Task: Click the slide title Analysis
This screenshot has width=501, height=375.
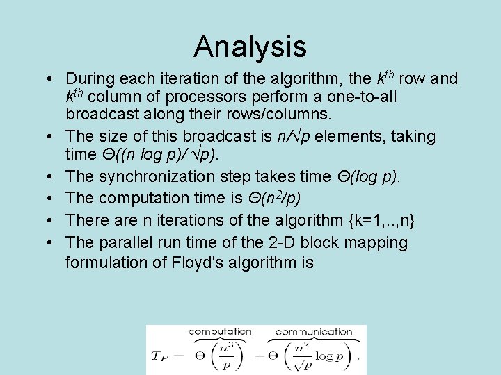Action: coord(250,47)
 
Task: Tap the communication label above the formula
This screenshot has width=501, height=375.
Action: coord(315,332)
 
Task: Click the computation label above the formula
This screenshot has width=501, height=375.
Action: coord(220,332)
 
